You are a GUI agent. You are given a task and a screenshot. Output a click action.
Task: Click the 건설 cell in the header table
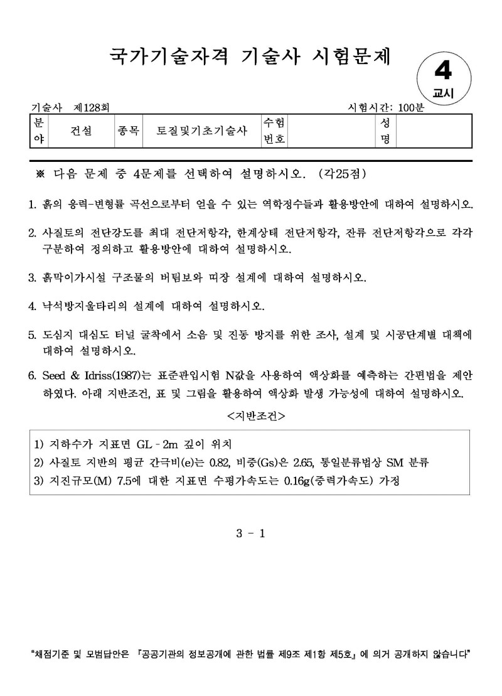click(x=81, y=131)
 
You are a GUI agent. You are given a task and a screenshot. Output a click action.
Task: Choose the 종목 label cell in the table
click(x=128, y=131)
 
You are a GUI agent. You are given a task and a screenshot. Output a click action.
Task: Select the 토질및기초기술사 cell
click(x=202, y=131)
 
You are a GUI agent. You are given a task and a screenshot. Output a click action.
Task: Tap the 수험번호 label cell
click(x=274, y=131)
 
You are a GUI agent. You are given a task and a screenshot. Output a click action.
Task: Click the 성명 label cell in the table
click(x=385, y=131)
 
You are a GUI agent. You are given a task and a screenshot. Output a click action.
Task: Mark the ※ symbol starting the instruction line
click(x=41, y=173)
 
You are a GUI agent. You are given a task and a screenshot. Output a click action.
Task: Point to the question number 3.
click(x=31, y=277)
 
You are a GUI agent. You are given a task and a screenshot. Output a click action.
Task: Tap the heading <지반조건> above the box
click(x=250, y=415)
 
